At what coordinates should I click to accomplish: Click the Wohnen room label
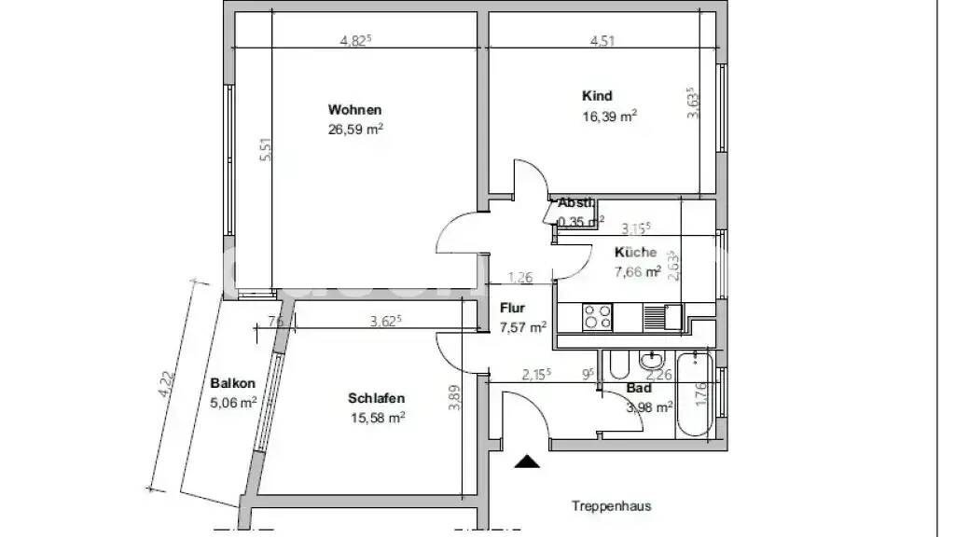354,110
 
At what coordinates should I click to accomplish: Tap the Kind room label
597,96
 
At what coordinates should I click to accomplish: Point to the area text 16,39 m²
609,117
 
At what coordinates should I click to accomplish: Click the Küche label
635,253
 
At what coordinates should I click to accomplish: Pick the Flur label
512,308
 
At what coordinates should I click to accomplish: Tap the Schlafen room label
376,398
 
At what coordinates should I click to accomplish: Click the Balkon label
232,382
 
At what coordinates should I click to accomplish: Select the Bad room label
639,388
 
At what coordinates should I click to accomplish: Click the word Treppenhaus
611,506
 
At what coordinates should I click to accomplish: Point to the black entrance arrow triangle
527,461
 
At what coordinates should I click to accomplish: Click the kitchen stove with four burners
597,318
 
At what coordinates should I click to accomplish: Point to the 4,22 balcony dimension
167,384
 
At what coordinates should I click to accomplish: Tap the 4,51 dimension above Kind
602,40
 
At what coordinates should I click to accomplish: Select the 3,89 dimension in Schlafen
454,399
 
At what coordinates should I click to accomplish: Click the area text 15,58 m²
376,419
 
